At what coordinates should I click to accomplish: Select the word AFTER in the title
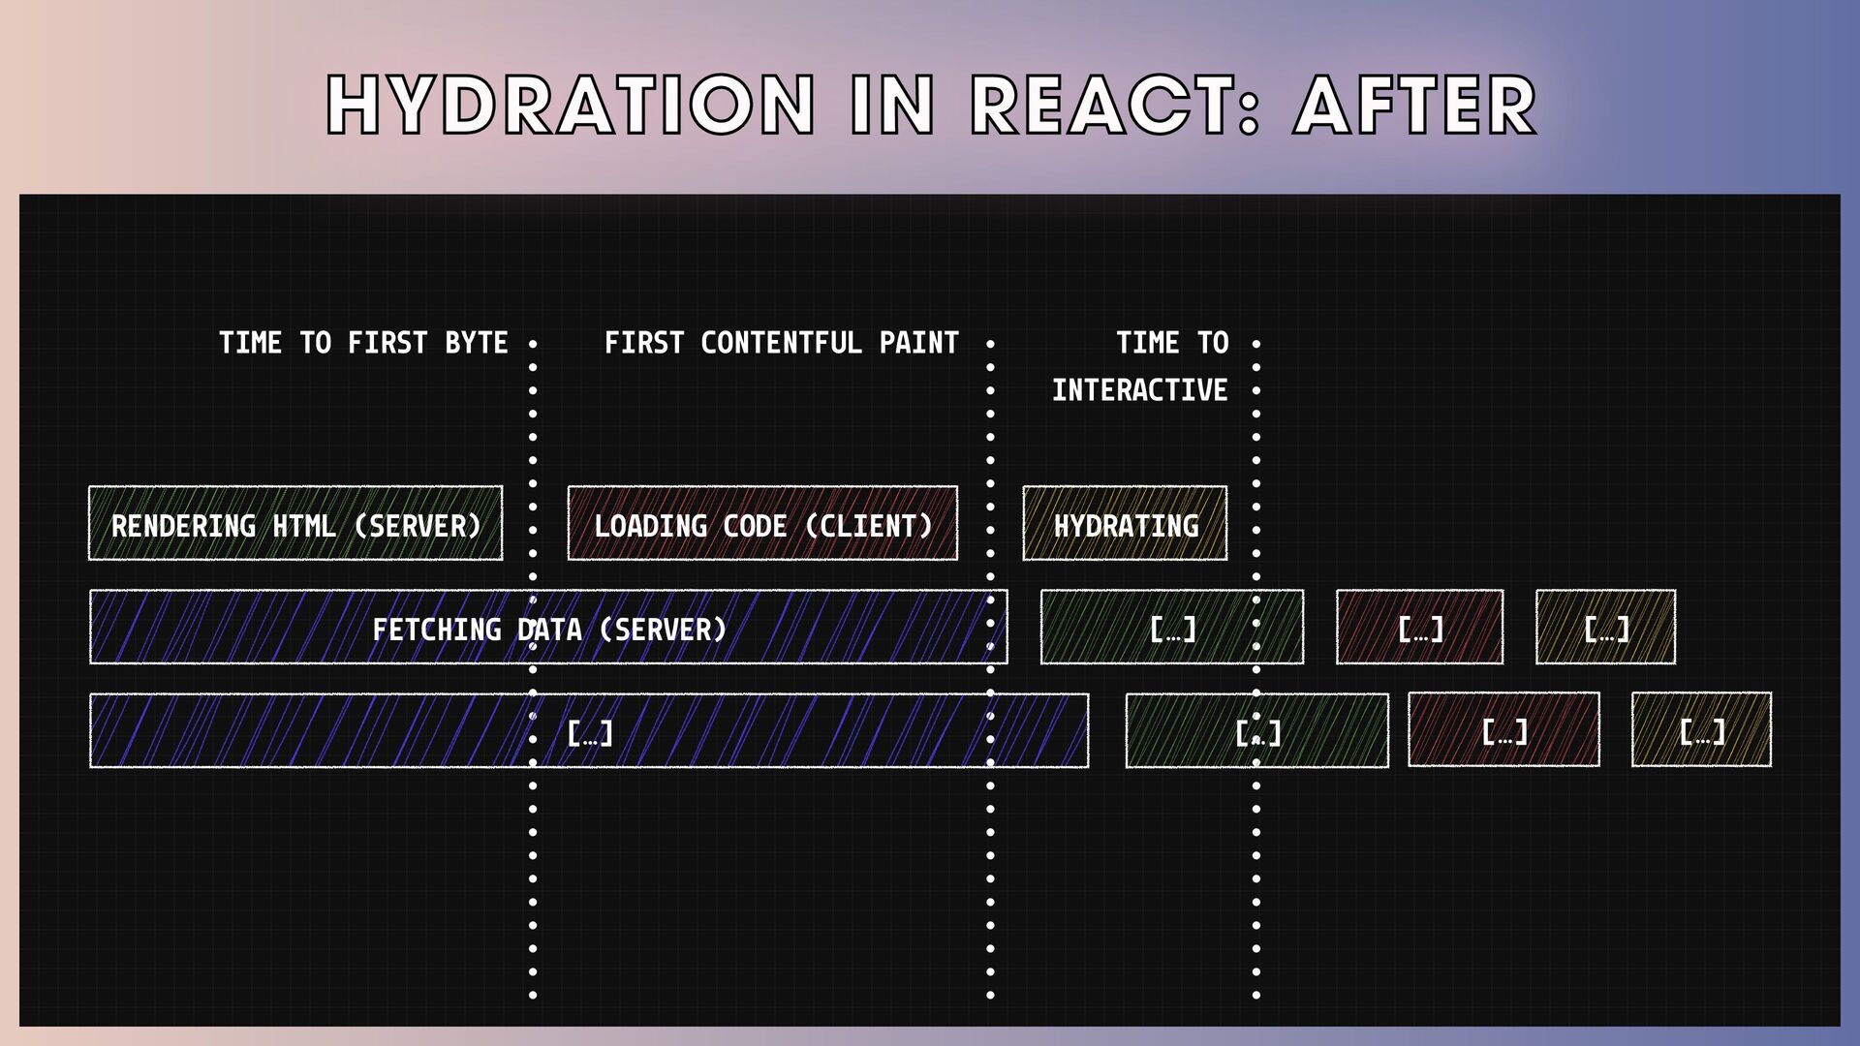[x=1415, y=105]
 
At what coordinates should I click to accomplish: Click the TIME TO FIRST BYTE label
[x=363, y=343]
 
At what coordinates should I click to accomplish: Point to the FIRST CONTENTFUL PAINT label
[x=781, y=343]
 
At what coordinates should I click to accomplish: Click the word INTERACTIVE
[x=1139, y=390]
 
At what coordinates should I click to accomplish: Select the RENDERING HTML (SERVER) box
[x=295, y=524]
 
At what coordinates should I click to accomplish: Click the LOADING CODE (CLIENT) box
[x=762, y=524]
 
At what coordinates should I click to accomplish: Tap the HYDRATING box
[x=1125, y=524]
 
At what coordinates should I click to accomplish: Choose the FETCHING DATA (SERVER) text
[x=549, y=630]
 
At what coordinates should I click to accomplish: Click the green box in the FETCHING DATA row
[x=1171, y=628]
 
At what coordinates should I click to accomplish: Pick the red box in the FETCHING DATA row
[x=1419, y=628]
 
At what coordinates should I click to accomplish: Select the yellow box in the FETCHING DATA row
[x=1605, y=628]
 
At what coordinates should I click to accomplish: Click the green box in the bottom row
[x=1256, y=730]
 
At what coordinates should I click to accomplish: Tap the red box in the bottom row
[x=1503, y=730]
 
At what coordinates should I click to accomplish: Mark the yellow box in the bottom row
[x=1701, y=730]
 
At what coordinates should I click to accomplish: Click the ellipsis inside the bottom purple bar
[x=589, y=732]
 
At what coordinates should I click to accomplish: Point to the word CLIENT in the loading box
[x=869, y=526]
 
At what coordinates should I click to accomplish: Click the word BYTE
[x=476, y=343]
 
